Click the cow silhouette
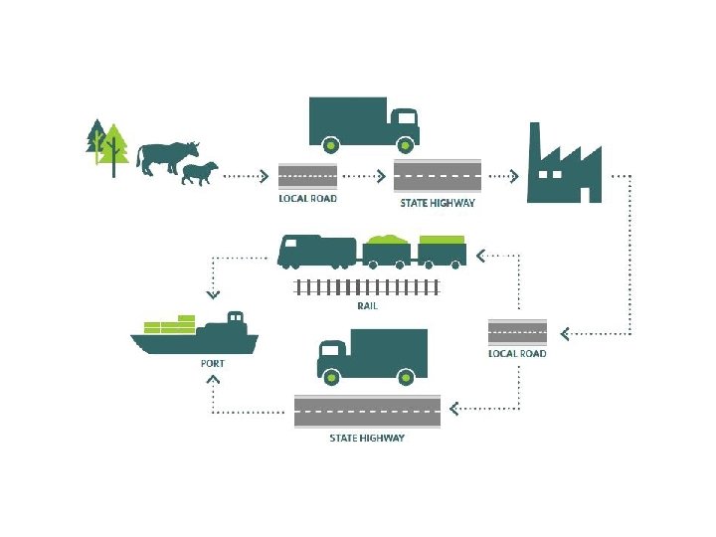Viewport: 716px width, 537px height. tap(164, 157)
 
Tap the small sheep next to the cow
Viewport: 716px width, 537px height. tap(199, 174)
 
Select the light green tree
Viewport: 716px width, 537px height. tap(115, 147)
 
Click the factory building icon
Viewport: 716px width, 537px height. tap(565, 168)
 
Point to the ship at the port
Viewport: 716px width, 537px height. tap(195, 339)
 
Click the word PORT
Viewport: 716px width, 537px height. tap(213, 364)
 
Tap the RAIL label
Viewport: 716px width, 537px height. tap(368, 306)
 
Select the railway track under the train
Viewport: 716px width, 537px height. tap(368, 288)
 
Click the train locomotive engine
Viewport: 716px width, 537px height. tap(316, 252)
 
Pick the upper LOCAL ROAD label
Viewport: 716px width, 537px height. tap(307, 199)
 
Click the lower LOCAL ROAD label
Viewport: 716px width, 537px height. tap(517, 354)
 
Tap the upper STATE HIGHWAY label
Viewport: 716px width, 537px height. tap(438, 204)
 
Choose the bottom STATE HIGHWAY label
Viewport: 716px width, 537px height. tap(367, 439)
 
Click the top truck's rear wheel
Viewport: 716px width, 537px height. tap(330, 146)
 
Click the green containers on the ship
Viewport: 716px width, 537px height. tap(170, 325)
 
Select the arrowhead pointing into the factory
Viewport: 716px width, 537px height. tap(514, 176)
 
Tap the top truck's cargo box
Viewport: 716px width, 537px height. tap(347, 118)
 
